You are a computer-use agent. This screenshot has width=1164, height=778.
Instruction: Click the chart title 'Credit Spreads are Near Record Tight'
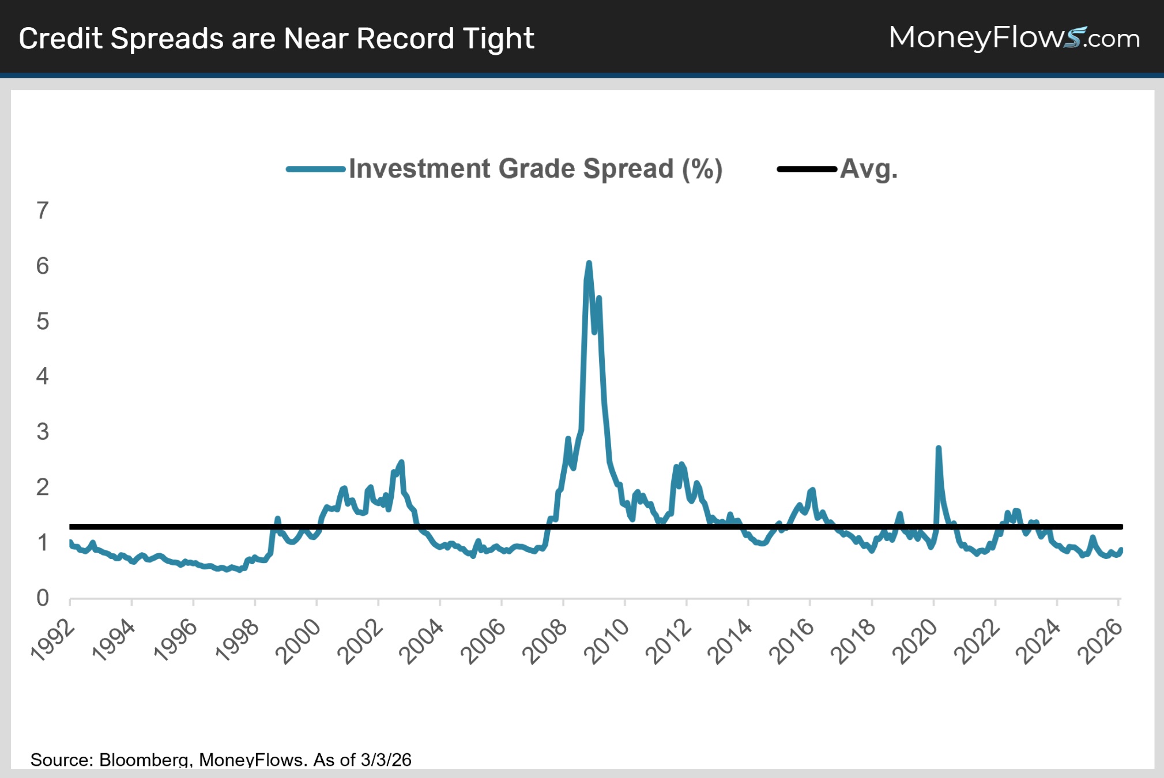pyautogui.click(x=276, y=39)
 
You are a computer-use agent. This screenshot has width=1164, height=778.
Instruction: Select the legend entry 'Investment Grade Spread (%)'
pyautogui.click(x=535, y=169)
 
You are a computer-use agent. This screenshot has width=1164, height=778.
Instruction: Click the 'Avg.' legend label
pyautogui.click(x=868, y=169)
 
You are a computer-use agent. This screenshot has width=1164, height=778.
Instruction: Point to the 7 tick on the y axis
pyautogui.click(x=43, y=211)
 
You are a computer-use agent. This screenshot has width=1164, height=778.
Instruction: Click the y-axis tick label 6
pyautogui.click(x=43, y=266)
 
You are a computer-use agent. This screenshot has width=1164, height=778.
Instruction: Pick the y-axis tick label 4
pyautogui.click(x=43, y=377)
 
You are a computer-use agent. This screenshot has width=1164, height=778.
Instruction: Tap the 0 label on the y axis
pyautogui.click(x=43, y=598)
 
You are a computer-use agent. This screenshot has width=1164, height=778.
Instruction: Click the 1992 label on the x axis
pyautogui.click(x=53, y=640)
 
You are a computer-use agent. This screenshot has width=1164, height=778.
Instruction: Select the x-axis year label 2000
pyautogui.click(x=299, y=641)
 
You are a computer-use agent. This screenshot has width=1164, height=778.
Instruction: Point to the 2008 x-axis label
pyautogui.click(x=545, y=641)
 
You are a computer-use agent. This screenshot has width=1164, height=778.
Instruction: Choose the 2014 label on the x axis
pyautogui.click(x=730, y=641)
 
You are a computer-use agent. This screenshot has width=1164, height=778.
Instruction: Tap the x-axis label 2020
pyautogui.click(x=916, y=641)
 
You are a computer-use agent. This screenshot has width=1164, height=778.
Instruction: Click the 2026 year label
pyautogui.click(x=1101, y=641)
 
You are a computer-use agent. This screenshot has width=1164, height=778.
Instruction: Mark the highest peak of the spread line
pyautogui.click(x=589, y=263)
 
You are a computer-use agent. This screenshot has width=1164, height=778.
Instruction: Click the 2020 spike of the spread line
pyautogui.click(x=939, y=448)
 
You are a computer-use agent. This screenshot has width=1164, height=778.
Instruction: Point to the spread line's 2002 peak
pyautogui.click(x=401, y=462)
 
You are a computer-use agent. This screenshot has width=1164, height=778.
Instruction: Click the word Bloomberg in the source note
pyautogui.click(x=144, y=760)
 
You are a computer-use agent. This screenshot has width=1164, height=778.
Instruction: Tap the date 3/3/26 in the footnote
pyautogui.click(x=386, y=760)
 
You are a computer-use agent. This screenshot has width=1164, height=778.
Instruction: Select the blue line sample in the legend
pyautogui.click(x=315, y=169)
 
